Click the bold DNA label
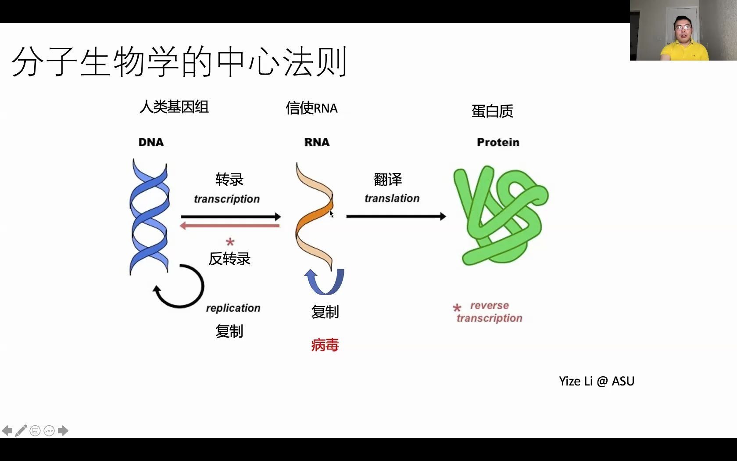pyautogui.click(x=151, y=142)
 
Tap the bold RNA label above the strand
pyautogui.click(x=317, y=142)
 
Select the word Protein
pyautogui.click(x=498, y=142)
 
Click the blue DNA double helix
pyautogui.click(x=149, y=217)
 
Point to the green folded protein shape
pyautogui.click(x=500, y=215)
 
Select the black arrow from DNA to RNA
pyautogui.click(x=230, y=216)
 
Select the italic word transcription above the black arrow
pyautogui.click(x=227, y=199)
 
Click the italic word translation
pyautogui.click(x=392, y=198)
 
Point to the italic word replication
pyautogui.click(x=233, y=308)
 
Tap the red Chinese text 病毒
pyautogui.click(x=325, y=345)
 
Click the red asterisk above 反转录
pyautogui.click(x=230, y=242)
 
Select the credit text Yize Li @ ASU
pyautogui.click(x=597, y=381)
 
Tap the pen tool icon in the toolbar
pyautogui.click(x=21, y=431)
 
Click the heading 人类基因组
pyautogui.click(x=174, y=107)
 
